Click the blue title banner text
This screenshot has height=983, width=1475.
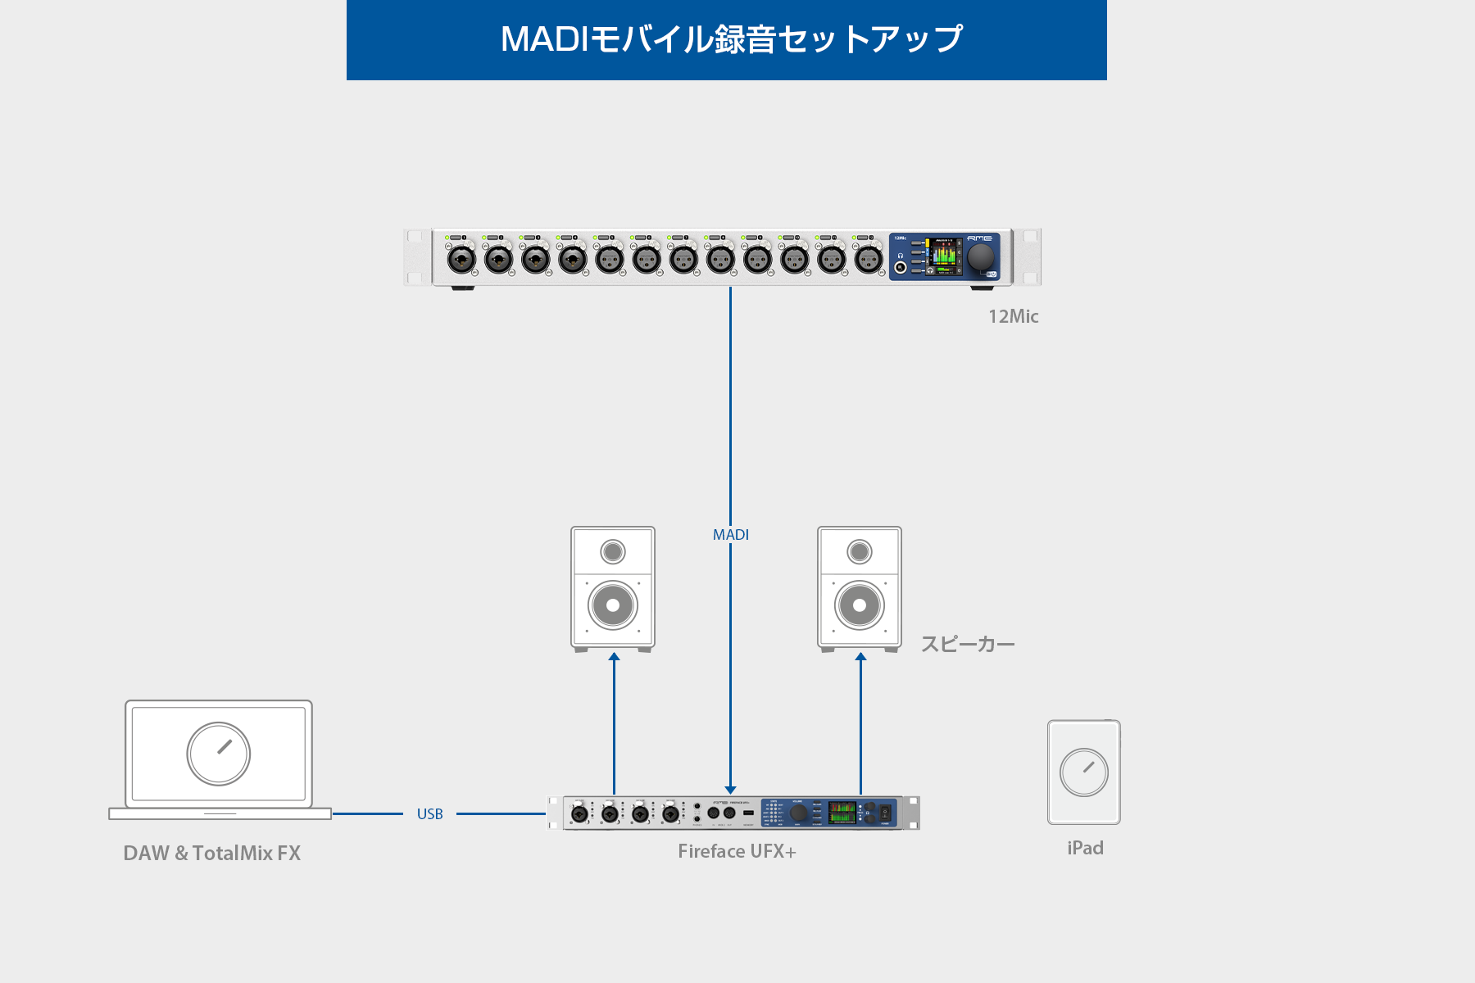(731, 39)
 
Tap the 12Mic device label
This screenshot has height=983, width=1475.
(1013, 316)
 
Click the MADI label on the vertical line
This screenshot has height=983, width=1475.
(731, 535)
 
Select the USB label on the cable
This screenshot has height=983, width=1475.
(429, 814)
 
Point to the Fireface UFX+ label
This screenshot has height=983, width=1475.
(737, 852)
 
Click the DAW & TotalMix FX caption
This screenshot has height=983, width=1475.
(211, 854)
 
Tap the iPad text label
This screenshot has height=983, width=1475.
(1085, 849)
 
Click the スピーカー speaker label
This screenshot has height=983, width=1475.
(968, 645)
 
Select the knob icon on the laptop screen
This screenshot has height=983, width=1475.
(219, 754)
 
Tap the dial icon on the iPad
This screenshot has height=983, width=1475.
(1084, 772)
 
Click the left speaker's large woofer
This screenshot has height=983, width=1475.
(613, 605)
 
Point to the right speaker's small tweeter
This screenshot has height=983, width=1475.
(860, 552)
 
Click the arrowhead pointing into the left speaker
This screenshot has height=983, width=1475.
(614, 657)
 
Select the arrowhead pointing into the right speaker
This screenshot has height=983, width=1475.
(860, 657)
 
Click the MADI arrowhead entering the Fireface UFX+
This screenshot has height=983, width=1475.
(731, 790)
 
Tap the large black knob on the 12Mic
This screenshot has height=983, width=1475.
(980, 257)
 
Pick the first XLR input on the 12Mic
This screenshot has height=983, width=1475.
(461, 260)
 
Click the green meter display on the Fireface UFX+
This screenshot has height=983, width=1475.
(842, 813)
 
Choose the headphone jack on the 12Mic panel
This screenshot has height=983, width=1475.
(901, 267)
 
